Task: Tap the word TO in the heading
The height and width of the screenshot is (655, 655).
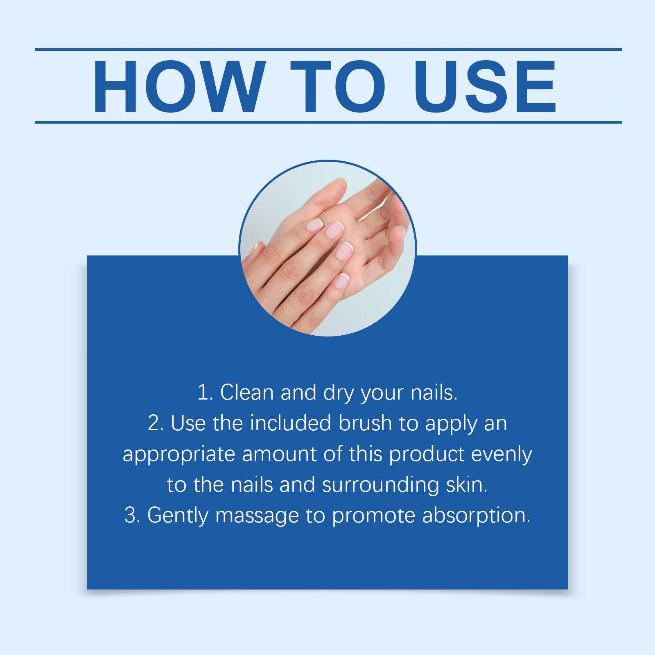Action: (340, 87)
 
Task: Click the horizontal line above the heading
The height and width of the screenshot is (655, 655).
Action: (328, 50)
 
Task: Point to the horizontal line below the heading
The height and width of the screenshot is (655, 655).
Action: (328, 122)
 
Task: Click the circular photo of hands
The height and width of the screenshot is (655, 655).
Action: (327, 248)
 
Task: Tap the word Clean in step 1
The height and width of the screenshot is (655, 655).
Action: (247, 393)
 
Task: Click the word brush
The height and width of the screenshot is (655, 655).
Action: (365, 423)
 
